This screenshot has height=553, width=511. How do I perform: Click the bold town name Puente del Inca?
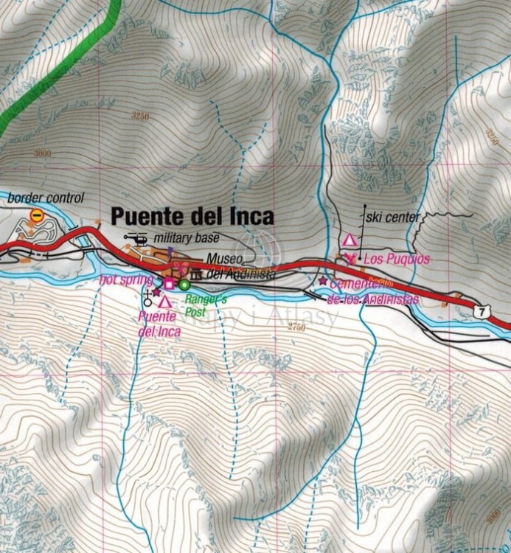point(192,216)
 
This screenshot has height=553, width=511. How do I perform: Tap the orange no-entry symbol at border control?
point(36,215)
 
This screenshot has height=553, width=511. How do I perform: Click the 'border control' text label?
point(46,198)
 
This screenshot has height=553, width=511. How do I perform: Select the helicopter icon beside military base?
point(136,238)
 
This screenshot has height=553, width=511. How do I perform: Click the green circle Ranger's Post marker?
point(184,284)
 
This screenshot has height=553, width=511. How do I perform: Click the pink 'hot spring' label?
point(126,279)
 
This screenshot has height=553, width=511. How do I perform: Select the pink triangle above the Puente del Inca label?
point(164,301)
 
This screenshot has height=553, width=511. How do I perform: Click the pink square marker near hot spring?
point(169,284)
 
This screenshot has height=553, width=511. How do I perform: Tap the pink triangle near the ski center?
point(349,240)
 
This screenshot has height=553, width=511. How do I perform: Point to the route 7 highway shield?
point(482,312)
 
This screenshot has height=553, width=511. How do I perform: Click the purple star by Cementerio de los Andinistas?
point(322,281)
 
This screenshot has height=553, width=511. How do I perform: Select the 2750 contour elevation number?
point(296,326)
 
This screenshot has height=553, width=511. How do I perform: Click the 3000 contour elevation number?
point(42,153)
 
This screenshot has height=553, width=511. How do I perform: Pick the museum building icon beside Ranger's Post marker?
point(175,274)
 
